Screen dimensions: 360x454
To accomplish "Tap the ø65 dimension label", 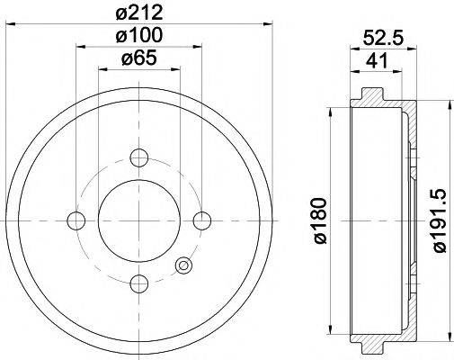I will [139, 61].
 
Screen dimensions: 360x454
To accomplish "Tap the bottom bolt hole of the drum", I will [139, 284].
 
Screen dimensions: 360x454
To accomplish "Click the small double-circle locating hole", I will [183, 265].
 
